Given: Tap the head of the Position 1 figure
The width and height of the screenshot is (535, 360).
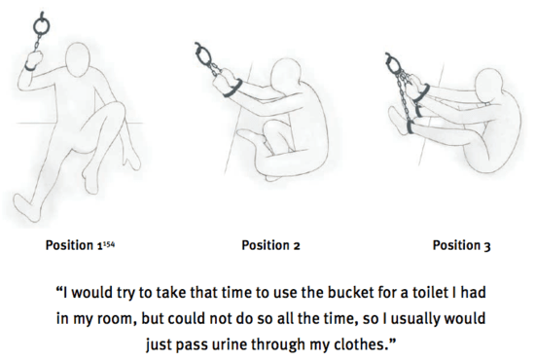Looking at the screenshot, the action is click(x=79, y=59).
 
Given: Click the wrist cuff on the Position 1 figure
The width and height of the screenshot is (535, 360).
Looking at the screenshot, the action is click(x=30, y=67).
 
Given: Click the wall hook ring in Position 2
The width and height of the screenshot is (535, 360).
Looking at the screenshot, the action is click(x=202, y=54).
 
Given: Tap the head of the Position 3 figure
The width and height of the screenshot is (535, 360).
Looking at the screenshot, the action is click(x=489, y=85).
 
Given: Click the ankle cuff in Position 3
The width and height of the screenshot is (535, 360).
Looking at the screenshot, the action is click(x=410, y=126).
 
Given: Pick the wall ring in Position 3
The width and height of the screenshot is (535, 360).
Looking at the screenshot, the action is click(x=392, y=64).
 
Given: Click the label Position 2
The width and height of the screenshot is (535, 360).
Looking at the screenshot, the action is click(x=270, y=245).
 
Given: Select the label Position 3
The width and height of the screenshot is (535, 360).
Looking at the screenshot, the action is click(x=461, y=245).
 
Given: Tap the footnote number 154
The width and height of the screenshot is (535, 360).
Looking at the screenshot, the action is click(x=109, y=243).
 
